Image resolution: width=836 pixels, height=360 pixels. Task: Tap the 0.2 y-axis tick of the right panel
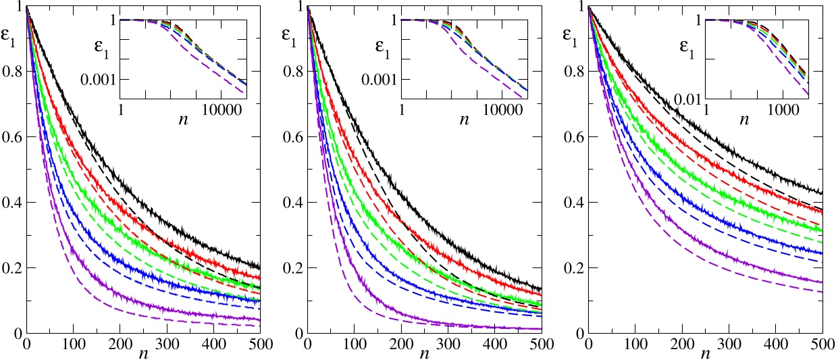click(575, 269)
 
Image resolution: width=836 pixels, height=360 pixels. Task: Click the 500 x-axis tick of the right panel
click(822, 345)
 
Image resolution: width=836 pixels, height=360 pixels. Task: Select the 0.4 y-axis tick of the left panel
click(12, 203)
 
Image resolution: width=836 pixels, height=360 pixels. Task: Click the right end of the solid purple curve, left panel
click(260, 319)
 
